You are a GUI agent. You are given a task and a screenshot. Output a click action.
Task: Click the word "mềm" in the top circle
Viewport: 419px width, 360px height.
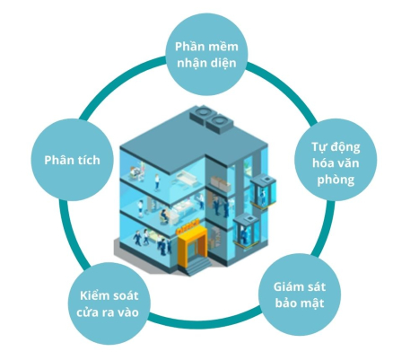224,47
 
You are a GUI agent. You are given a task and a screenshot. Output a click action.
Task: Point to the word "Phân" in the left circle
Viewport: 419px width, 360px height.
57,160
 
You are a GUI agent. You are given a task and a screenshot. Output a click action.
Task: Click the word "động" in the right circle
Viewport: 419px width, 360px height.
345,148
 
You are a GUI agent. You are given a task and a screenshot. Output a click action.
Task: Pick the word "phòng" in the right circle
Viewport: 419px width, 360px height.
336,180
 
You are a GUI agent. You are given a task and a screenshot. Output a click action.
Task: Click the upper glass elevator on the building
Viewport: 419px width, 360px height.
263,190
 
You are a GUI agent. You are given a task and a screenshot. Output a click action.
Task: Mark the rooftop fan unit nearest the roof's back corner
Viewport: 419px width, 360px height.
202,114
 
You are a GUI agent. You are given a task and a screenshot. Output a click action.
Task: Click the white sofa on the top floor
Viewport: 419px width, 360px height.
186,179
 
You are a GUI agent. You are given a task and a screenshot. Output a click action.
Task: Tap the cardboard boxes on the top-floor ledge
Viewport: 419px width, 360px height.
221,183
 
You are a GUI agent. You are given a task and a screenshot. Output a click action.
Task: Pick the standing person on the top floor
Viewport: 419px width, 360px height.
157,182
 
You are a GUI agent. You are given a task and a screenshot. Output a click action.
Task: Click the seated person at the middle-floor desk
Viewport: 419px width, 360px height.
163,215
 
